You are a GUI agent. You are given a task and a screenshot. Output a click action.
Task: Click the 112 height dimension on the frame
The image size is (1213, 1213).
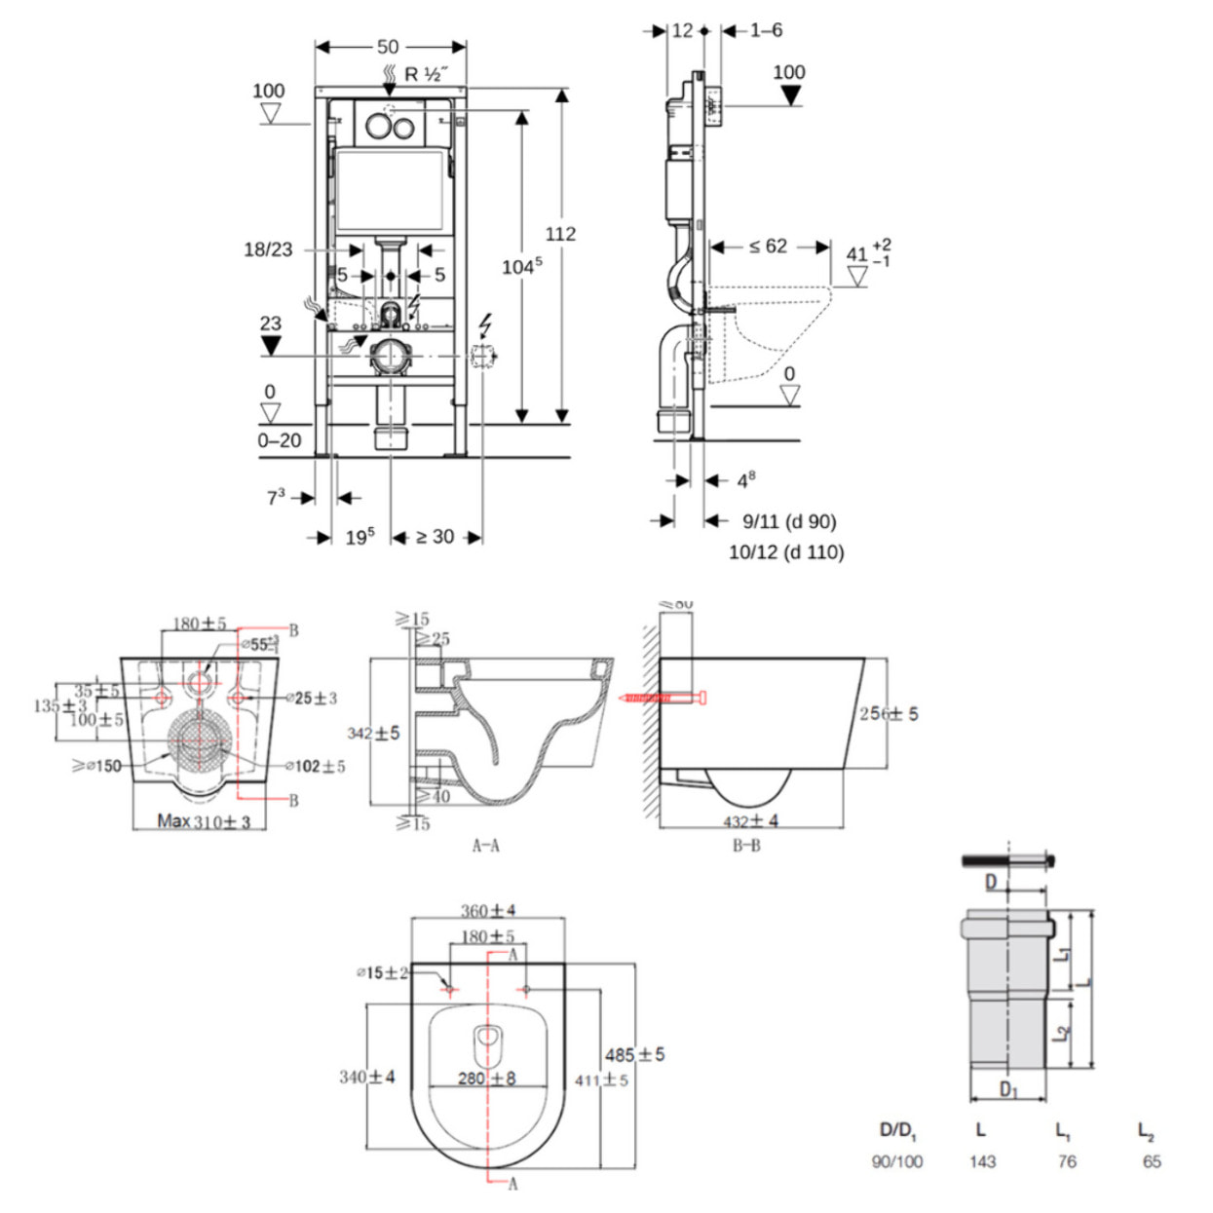[560, 234]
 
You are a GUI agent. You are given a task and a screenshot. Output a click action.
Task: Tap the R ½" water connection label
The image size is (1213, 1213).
[425, 74]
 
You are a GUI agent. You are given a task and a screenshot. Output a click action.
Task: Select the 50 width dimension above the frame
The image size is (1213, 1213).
[388, 47]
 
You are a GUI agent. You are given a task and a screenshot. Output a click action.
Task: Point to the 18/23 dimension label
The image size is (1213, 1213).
[268, 249]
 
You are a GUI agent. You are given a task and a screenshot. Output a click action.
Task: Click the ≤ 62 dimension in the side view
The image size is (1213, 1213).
[768, 246]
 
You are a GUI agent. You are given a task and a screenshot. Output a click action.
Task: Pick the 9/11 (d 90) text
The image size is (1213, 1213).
[789, 521]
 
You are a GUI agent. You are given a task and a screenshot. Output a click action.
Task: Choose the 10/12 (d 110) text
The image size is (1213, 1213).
[786, 552]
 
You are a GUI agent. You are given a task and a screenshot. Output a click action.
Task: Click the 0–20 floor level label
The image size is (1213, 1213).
[280, 440]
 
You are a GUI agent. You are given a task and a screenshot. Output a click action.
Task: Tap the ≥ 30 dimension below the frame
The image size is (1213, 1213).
[435, 537]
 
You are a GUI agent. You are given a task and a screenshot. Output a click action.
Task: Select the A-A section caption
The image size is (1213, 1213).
[485, 846]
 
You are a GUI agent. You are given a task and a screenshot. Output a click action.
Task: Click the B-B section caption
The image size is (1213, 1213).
[746, 846]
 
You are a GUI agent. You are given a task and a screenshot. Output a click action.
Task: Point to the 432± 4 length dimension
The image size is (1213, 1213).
[750, 821]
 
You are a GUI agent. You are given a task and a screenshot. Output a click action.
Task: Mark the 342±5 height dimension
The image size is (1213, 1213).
[373, 733]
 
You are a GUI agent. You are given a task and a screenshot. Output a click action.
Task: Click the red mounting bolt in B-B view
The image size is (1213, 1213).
[663, 698]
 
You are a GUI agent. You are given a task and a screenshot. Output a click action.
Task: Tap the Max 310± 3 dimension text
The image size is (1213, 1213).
[204, 821]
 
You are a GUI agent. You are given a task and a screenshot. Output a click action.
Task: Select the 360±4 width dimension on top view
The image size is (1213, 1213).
[488, 911]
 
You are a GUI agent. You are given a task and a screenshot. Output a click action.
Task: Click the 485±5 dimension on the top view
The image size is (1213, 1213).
[634, 1054]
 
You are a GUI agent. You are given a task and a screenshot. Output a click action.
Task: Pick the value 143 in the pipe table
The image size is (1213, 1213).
[982, 1161]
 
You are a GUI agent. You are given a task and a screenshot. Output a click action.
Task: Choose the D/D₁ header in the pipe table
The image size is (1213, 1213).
[897, 1130]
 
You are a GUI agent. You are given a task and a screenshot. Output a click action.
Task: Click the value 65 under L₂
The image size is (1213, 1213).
[1152, 1161]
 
